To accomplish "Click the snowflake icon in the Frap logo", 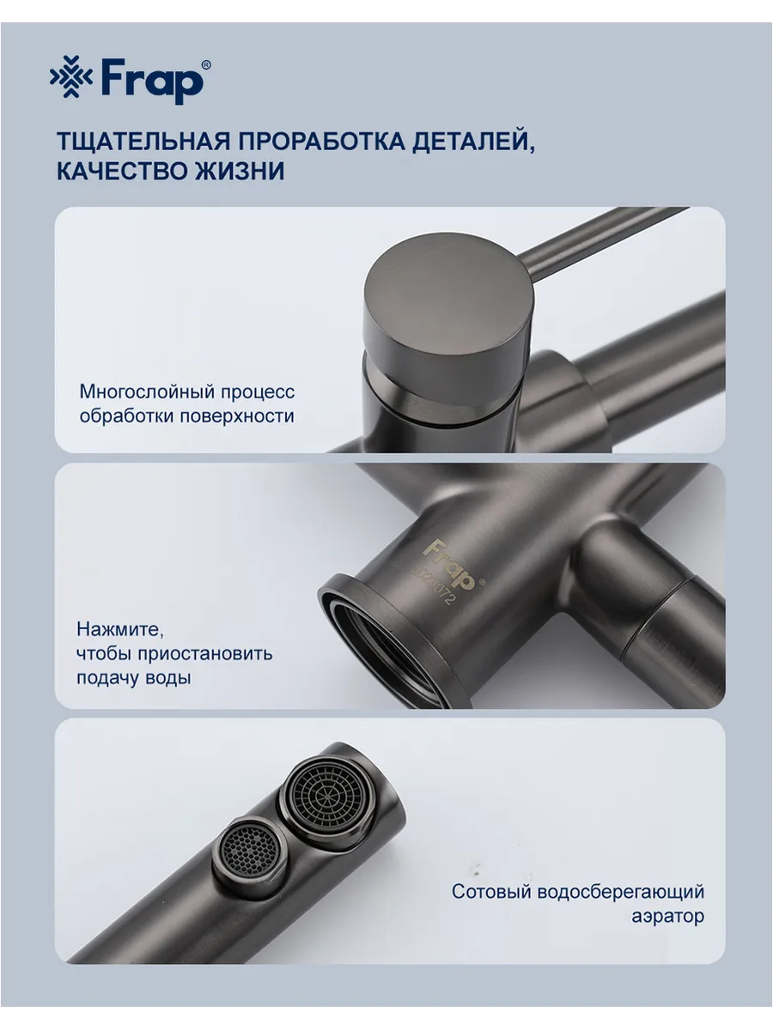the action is [x=71, y=77].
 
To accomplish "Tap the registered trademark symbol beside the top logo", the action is [x=206, y=64].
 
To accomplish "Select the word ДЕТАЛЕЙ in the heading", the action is [x=473, y=142].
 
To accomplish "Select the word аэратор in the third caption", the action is [x=668, y=917].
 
